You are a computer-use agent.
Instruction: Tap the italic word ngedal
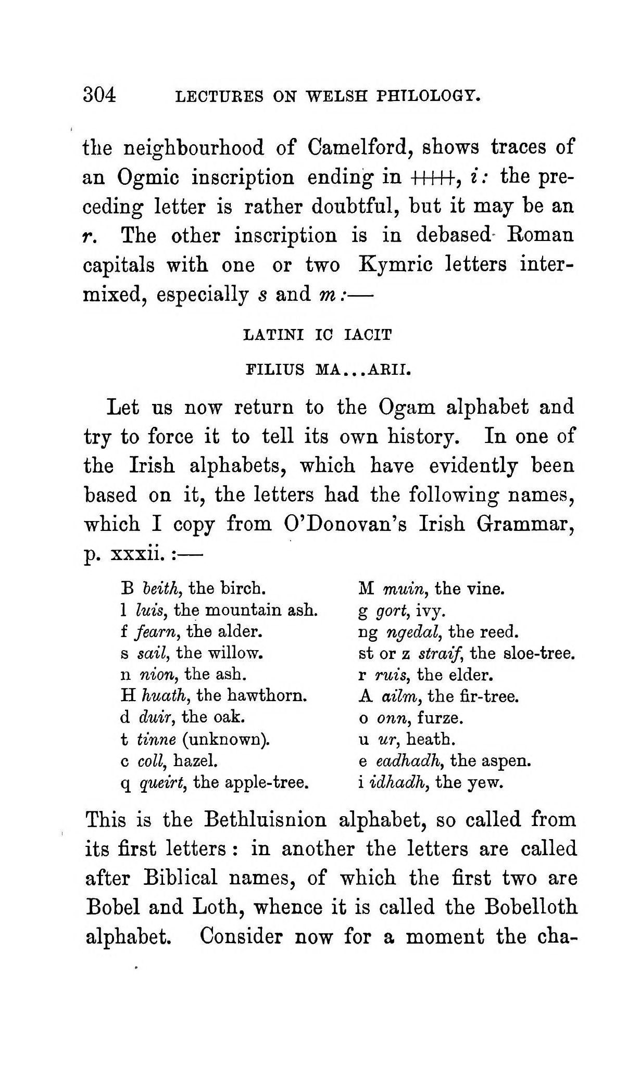[409, 632]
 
